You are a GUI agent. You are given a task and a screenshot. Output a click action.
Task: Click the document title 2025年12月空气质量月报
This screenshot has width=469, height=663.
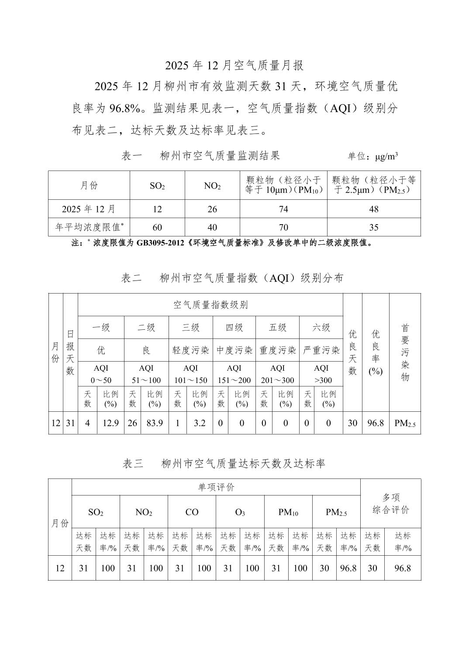pyautogui.click(x=234, y=65)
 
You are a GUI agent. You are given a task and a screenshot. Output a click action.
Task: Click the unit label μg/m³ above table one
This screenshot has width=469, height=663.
pyautogui.click(x=372, y=156)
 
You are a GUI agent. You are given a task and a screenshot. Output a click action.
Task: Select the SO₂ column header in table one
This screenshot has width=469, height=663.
pyautogui.click(x=157, y=186)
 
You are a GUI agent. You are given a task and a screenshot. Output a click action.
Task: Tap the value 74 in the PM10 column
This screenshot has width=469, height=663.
pyautogui.click(x=283, y=209)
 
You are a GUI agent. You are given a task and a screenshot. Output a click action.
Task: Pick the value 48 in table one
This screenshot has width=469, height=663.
pyautogui.click(x=374, y=209)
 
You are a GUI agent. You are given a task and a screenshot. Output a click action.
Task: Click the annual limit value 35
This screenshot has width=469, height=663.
pyautogui.click(x=374, y=227)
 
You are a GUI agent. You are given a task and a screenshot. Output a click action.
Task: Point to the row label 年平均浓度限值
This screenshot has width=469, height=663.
pyautogui.click(x=89, y=227)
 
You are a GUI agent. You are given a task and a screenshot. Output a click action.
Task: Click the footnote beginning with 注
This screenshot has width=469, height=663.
pyautogui.click(x=222, y=243)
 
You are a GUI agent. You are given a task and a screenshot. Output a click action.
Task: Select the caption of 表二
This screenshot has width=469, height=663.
pyautogui.click(x=232, y=278)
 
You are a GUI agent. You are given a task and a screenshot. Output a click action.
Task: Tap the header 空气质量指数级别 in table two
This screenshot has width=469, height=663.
pyautogui.click(x=210, y=305)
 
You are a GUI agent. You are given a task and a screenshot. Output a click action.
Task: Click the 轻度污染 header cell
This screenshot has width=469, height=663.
pyautogui.click(x=190, y=350)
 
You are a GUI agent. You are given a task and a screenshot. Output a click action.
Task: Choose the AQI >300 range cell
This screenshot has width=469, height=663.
pyautogui.click(x=321, y=374)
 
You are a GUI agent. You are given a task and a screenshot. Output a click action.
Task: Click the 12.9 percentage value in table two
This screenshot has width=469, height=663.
pyautogui.click(x=110, y=423)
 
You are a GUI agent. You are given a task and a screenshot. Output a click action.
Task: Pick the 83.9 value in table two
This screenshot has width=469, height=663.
pyautogui.click(x=155, y=423)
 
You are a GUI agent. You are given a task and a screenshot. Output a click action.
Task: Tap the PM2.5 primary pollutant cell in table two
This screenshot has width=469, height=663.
pyautogui.click(x=405, y=423)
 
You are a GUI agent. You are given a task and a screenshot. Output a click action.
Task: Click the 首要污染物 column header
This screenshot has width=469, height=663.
pyautogui.click(x=405, y=352)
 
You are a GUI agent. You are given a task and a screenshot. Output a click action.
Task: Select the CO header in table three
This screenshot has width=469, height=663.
pyautogui.click(x=192, y=512)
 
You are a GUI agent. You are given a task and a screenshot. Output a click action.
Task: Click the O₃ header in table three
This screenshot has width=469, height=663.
pyautogui.click(x=240, y=512)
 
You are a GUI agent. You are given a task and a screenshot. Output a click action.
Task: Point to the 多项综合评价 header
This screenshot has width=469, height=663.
pyautogui.click(x=391, y=504)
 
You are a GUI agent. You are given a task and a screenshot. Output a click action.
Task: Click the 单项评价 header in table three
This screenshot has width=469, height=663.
pyautogui.click(x=216, y=487)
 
